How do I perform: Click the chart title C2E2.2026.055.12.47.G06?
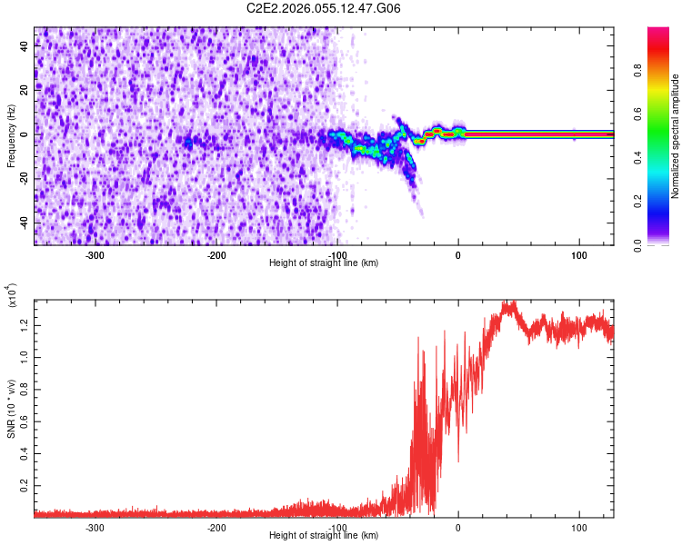coord(325,8)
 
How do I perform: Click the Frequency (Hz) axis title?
coord(12,135)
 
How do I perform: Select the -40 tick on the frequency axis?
coord(24,223)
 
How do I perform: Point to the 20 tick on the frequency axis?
coord(25,90)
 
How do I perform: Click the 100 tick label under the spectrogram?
coord(579,255)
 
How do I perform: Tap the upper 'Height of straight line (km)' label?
coord(325,263)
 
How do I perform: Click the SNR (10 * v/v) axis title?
coord(12,404)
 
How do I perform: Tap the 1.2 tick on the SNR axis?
coord(25,324)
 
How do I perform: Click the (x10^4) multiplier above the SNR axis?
coord(13,295)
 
